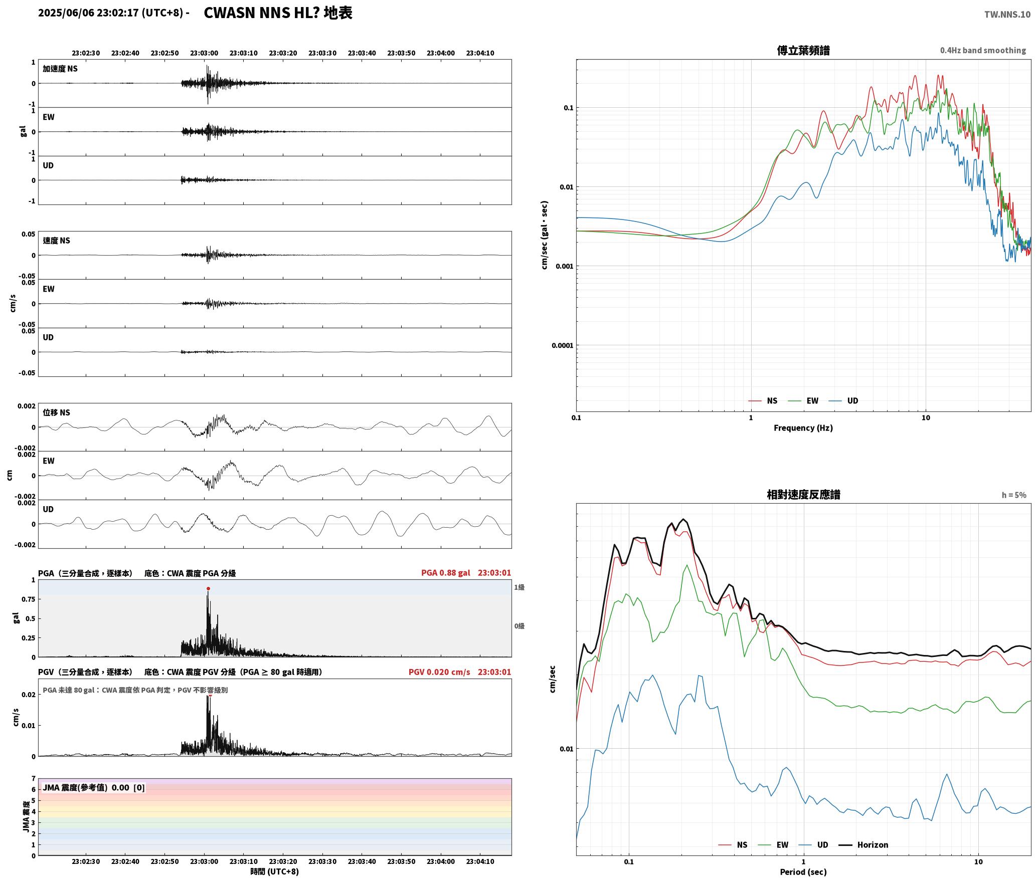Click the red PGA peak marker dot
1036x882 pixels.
(208, 589)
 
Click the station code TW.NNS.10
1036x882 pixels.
(1007, 15)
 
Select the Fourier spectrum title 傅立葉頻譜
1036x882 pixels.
(803, 51)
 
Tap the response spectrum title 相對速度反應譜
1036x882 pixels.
(803, 495)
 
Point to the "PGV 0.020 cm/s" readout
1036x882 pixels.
(439, 672)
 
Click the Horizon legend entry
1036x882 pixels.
(873, 845)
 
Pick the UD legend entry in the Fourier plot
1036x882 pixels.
(852, 401)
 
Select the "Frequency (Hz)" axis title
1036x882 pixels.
(803, 428)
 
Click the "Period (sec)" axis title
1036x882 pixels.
(803, 872)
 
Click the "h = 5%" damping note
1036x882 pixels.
(1014, 495)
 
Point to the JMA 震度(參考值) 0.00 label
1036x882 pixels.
(94, 788)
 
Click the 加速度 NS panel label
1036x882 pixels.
(60, 69)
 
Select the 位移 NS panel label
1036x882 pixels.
(56, 412)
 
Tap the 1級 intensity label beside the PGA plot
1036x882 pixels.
(519, 587)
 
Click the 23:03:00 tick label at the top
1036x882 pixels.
(204, 53)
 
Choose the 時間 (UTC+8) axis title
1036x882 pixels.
(275, 871)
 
